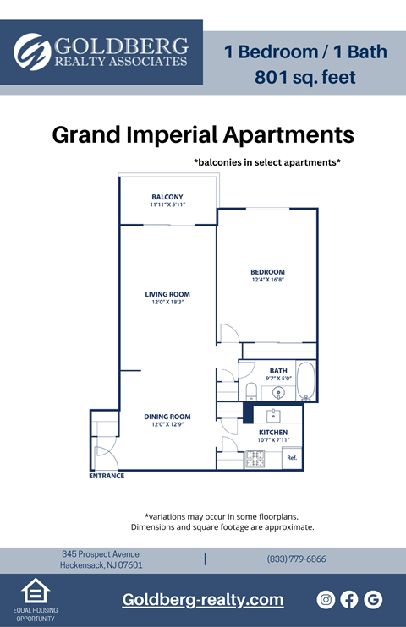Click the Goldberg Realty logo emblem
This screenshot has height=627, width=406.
pyautogui.click(x=32, y=52)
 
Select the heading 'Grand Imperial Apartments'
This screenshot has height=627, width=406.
pyautogui.click(x=203, y=134)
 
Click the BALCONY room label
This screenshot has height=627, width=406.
pyautogui.click(x=167, y=197)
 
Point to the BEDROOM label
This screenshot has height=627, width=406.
pyautogui.click(x=266, y=271)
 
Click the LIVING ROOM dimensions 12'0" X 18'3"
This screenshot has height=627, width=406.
pyautogui.click(x=167, y=302)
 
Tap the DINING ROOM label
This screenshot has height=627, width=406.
pyautogui.click(x=167, y=417)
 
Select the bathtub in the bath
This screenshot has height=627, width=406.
pyautogui.click(x=305, y=381)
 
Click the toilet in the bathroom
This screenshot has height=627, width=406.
pyautogui.click(x=251, y=390)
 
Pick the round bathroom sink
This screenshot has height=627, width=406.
pyautogui.click(x=279, y=392)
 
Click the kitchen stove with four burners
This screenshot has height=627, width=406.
pyautogui.click(x=255, y=459)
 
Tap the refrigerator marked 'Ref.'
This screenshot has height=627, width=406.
pyautogui.click(x=292, y=458)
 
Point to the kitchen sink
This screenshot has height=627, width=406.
pyautogui.click(x=273, y=415)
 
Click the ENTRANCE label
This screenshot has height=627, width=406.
pyautogui.click(x=107, y=476)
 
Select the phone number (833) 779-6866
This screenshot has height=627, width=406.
pyautogui.click(x=296, y=559)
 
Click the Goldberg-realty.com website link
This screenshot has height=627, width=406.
pyautogui.click(x=203, y=600)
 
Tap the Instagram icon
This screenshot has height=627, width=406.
pyautogui.click(x=326, y=599)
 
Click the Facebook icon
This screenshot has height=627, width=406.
pyautogui.click(x=349, y=599)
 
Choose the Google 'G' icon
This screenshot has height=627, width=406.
pyautogui.click(x=373, y=599)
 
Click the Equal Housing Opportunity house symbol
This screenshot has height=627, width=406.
pyautogui.click(x=35, y=591)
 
